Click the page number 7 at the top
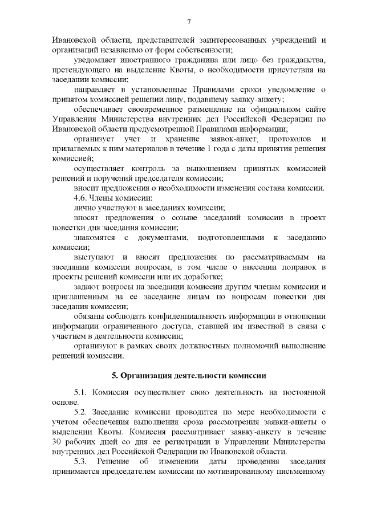pos(188,22)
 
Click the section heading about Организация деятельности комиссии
pos(188,376)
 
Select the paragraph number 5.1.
pos(82,393)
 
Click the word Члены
pos(108,197)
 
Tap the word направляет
pos(97,90)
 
